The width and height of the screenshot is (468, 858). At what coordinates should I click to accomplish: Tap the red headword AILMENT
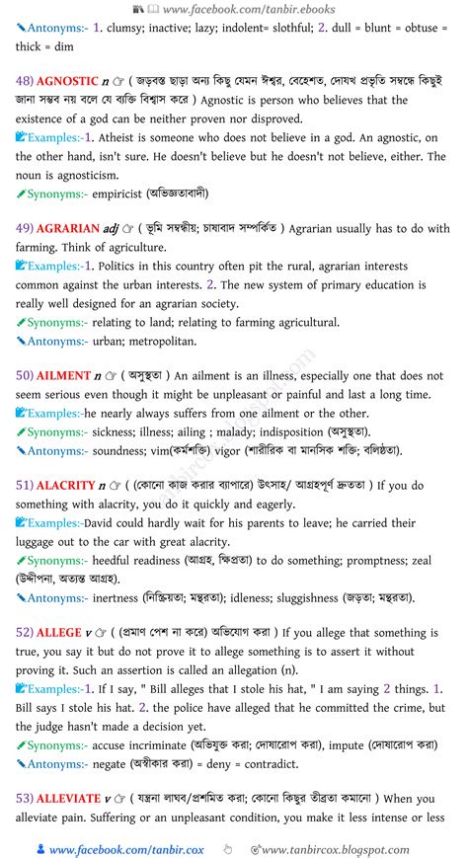click(64, 375)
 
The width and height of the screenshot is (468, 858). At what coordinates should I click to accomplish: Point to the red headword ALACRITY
click(67, 485)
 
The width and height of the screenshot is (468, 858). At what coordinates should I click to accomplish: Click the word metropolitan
click(163, 341)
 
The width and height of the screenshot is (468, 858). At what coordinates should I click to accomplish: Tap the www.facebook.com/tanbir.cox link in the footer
click(118, 849)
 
